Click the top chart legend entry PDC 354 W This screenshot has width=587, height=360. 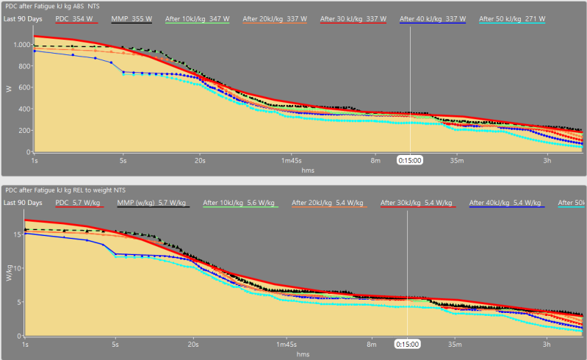77,19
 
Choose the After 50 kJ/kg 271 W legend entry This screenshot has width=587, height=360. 511,19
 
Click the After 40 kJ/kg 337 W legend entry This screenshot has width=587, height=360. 432,19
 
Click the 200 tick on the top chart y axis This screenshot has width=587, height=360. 22,131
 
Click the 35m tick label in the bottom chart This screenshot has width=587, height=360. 455,343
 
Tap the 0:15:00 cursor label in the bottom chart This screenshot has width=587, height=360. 407,343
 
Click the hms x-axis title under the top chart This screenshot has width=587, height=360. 309,169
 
